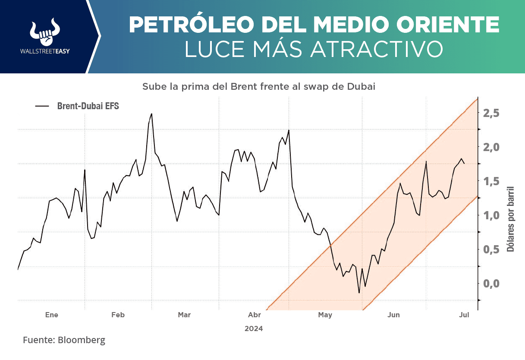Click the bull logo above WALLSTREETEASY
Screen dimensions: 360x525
tap(44, 32)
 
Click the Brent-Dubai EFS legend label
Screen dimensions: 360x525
tap(88, 106)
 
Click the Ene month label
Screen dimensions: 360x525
tap(52, 315)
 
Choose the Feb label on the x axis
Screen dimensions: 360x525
tap(118, 315)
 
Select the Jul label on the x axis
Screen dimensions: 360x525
tap(464, 315)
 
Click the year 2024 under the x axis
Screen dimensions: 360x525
tap(254, 328)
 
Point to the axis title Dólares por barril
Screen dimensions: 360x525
tap(511, 219)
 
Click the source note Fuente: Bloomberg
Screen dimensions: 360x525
tap(64, 340)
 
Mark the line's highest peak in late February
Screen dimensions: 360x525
tap(151, 114)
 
